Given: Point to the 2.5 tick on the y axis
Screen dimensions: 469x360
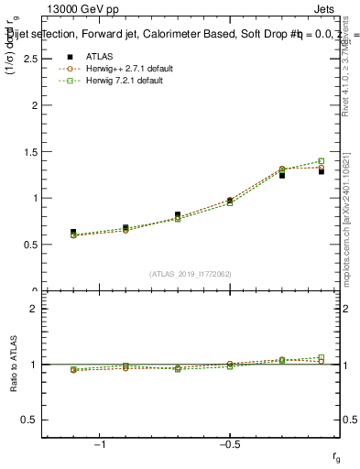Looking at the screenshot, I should point(27,59).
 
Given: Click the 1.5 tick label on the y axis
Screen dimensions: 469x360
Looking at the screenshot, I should point(27,152).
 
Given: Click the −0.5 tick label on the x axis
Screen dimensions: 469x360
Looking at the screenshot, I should point(228,444).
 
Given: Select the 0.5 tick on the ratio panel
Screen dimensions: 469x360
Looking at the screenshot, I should point(27,420).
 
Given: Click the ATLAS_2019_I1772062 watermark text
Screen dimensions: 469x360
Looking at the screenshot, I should point(191,274).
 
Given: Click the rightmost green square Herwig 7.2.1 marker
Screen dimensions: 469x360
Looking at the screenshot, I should point(321,161).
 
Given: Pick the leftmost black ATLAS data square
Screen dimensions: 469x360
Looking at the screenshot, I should point(73,233).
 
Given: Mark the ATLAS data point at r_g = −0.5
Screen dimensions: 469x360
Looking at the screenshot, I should point(230,201).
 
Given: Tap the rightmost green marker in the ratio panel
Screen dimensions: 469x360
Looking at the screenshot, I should point(321,357).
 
